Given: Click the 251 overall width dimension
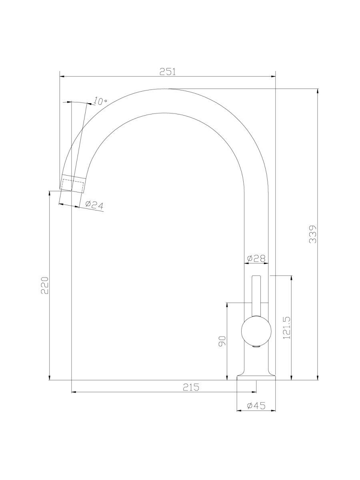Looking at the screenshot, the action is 168,72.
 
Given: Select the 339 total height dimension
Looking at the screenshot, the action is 313,234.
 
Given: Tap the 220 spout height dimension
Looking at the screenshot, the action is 44,285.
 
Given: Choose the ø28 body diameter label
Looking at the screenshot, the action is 256,258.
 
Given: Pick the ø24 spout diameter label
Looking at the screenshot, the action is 94,205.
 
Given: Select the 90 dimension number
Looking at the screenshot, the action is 222,341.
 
